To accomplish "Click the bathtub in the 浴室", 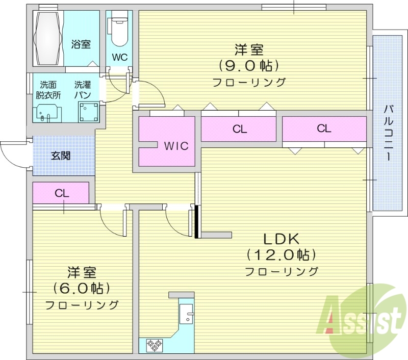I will pos(48,38).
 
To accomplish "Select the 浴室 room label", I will pos(81,44).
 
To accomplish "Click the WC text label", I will pos(119,57).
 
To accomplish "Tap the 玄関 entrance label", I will pos(61,156).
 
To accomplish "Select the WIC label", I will pos(176,146).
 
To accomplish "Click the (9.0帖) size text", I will pos(249,66).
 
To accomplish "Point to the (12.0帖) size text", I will pos(281,254).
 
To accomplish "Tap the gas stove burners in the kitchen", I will pos(154,345).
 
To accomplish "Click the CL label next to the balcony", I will pos(324,128).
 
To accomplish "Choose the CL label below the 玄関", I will pos(62,193).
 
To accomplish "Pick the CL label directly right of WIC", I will pos(240,129).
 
